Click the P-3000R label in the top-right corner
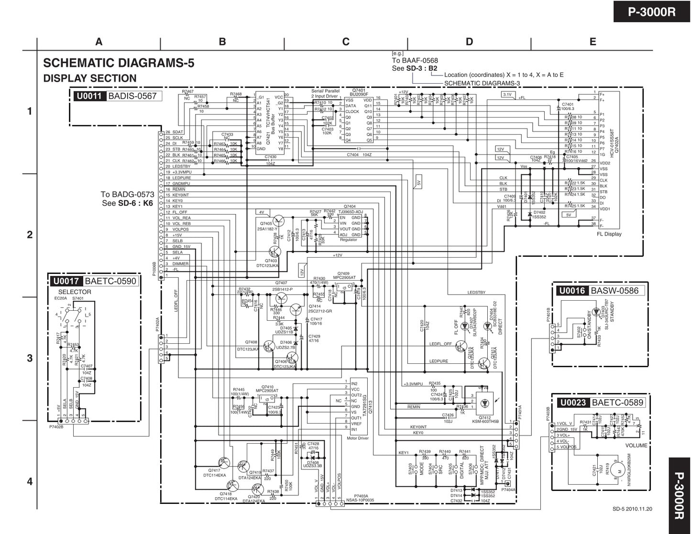[652, 11]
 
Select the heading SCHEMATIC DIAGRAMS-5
[119, 63]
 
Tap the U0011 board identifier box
[89, 96]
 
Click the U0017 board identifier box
[66, 281]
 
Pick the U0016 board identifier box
[572, 291]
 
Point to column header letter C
[346, 42]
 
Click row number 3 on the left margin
[30, 358]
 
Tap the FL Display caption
[609, 234]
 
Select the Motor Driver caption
[357, 438]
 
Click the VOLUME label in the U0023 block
[636, 446]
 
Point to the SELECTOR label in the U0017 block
[75, 292]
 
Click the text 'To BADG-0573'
[127, 195]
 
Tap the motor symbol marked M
[619, 471]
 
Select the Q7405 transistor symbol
[279, 221]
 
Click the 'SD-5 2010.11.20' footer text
[632, 509]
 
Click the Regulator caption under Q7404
[348, 240]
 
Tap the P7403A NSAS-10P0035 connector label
[364, 498]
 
